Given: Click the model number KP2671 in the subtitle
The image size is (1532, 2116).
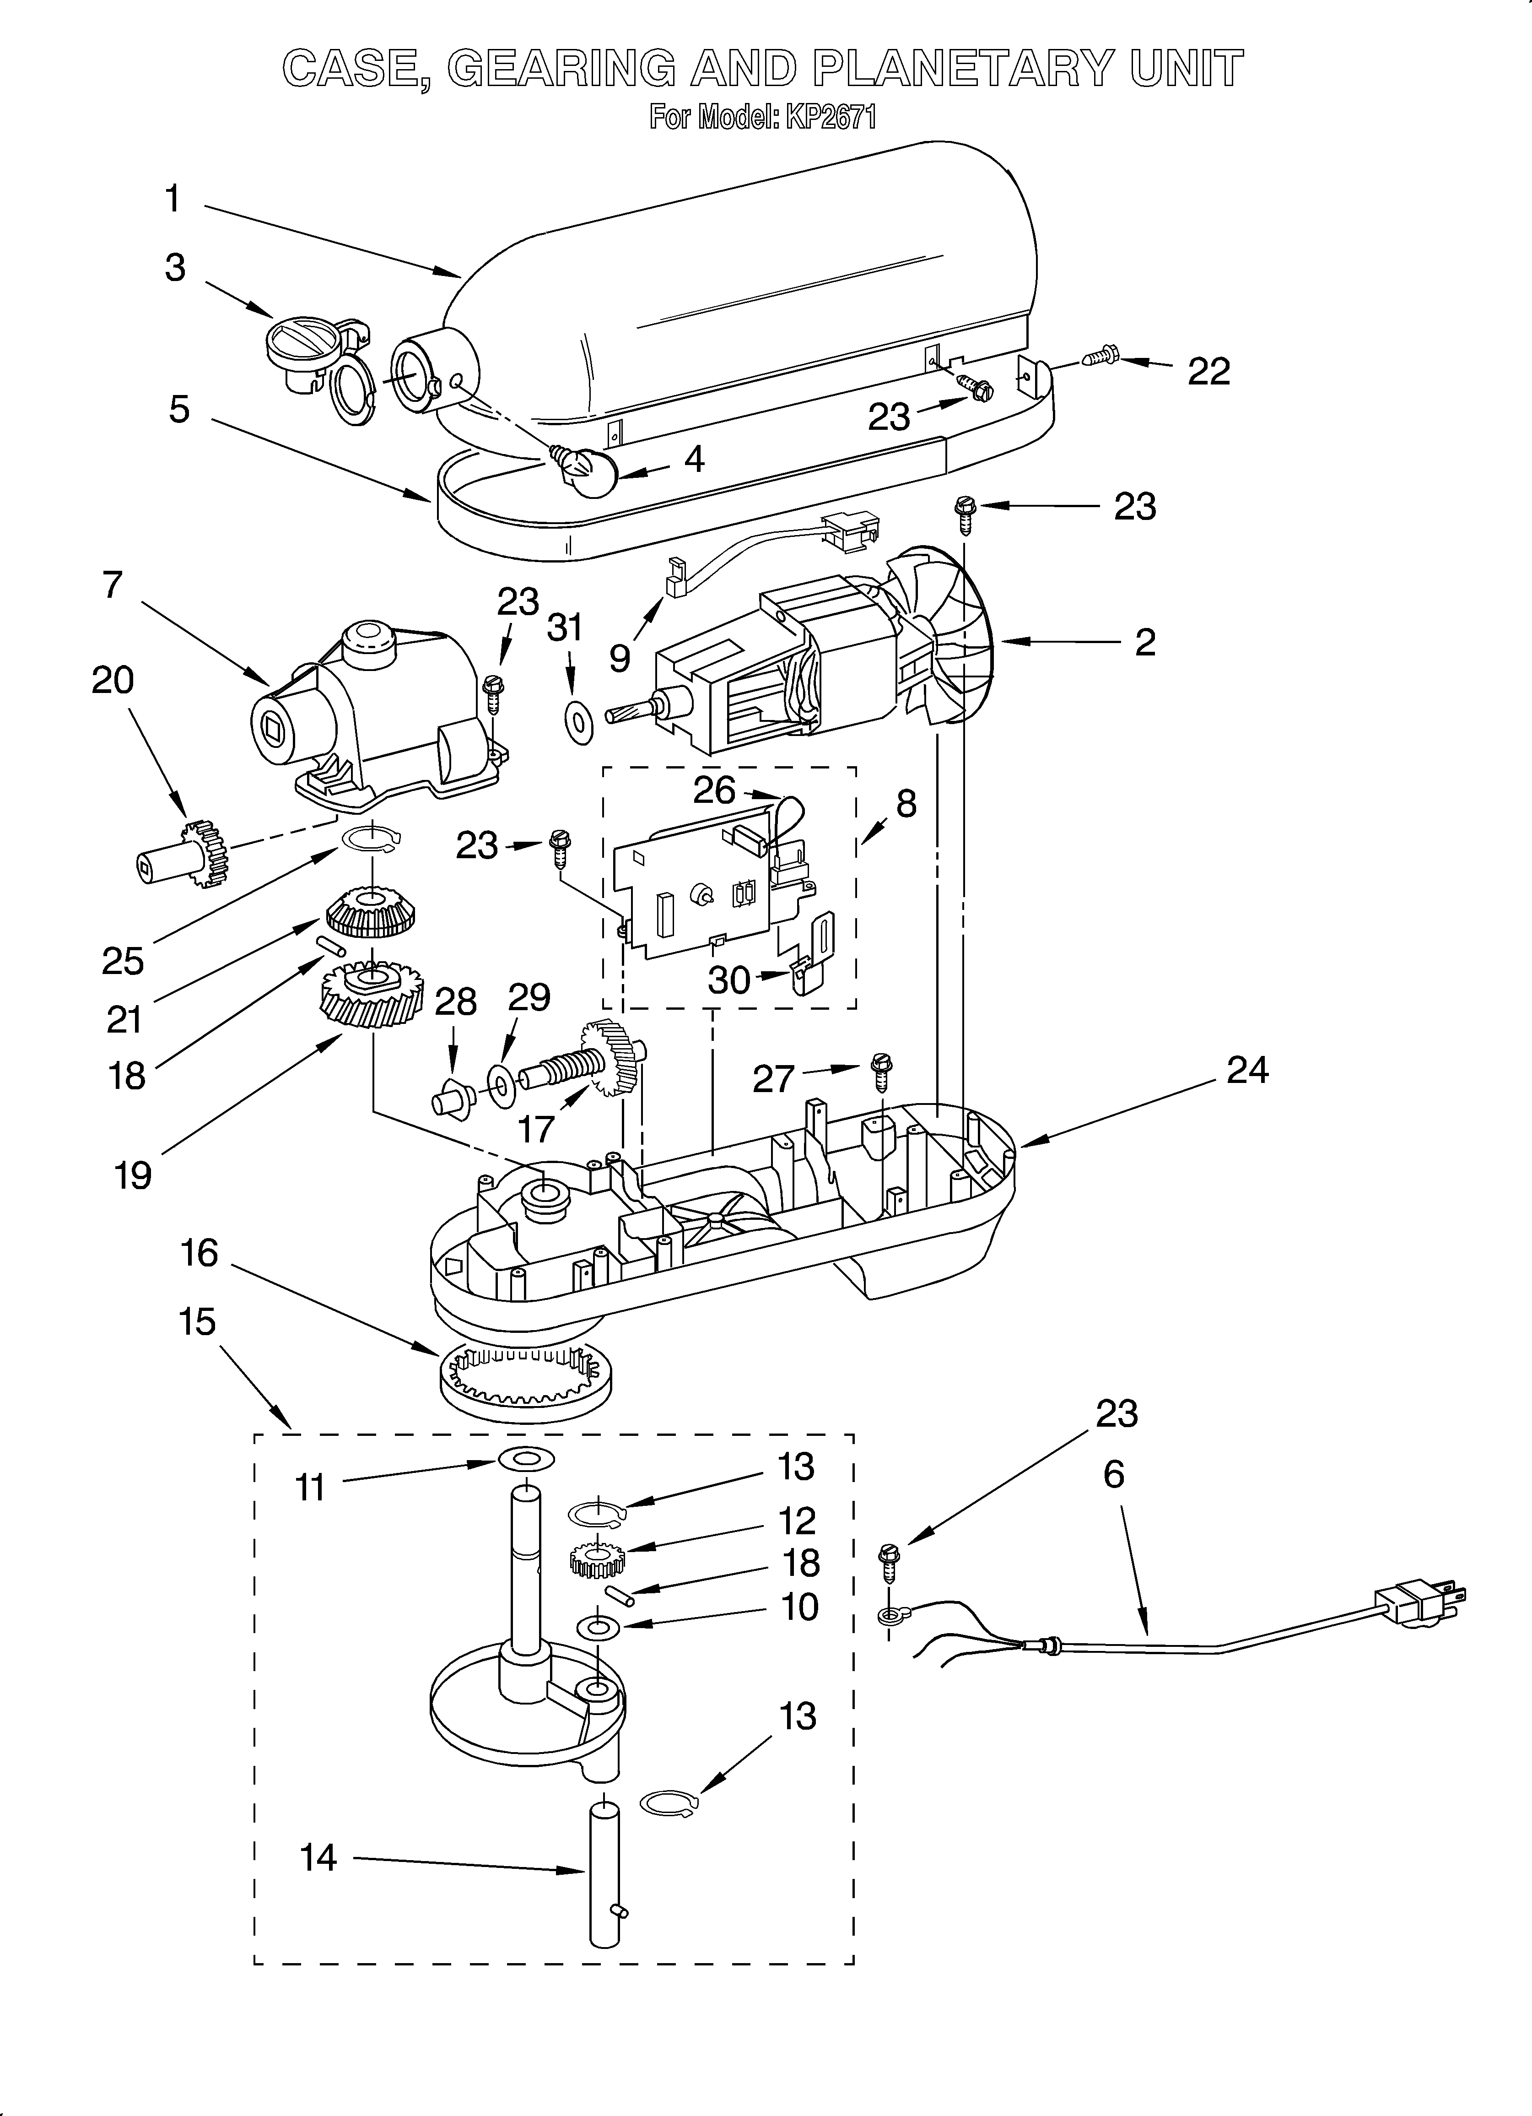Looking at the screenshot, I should click(x=830, y=118).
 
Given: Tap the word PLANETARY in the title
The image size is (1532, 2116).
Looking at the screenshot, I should click(x=961, y=68).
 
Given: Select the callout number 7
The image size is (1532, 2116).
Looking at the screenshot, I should click(x=112, y=585).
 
